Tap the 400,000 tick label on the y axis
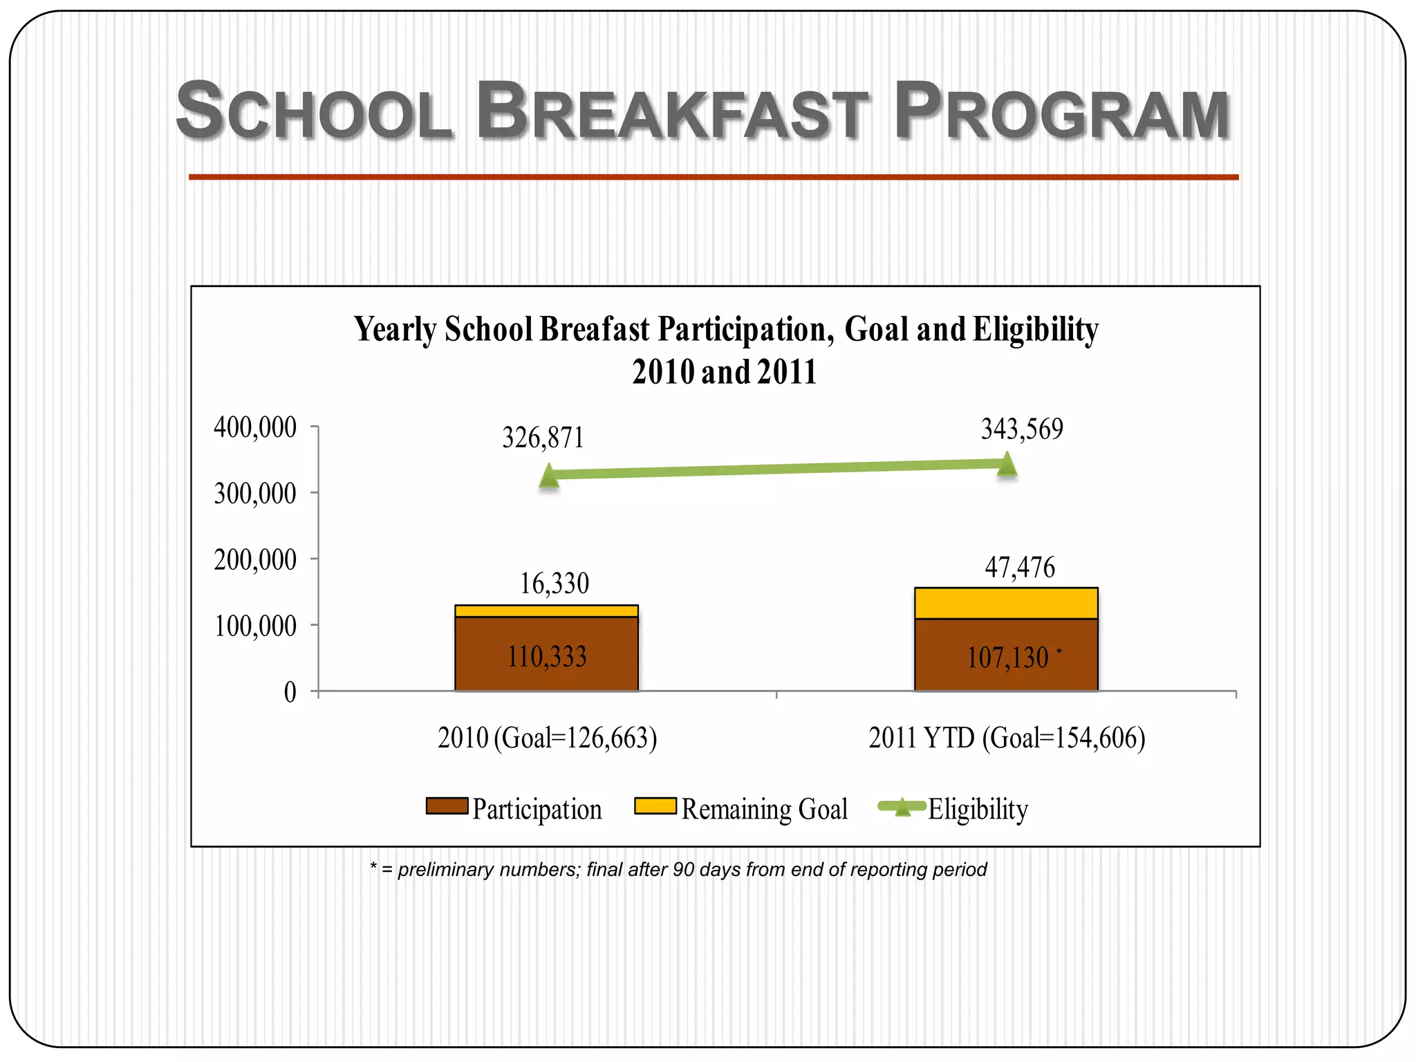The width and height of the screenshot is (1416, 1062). click(x=255, y=427)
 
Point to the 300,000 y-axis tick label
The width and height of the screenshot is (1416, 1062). click(x=255, y=494)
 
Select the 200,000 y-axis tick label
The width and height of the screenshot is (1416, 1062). click(x=255, y=560)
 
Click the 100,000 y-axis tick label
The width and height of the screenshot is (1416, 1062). click(x=255, y=626)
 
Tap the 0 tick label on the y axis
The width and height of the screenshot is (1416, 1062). click(x=290, y=692)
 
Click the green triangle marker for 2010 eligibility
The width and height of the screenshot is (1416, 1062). click(x=549, y=476)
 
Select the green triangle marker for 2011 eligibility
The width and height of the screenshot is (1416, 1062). click(x=1007, y=464)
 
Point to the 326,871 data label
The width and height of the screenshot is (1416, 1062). click(x=543, y=438)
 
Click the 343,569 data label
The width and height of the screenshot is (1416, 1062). click(x=1022, y=429)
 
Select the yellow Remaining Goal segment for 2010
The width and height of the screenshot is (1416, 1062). click(x=546, y=611)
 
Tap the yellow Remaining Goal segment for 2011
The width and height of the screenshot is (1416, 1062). click(x=1006, y=603)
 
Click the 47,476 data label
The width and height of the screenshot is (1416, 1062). click(x=1020, y=568)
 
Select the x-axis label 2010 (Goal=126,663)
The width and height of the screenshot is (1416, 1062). click(x=547, y=738)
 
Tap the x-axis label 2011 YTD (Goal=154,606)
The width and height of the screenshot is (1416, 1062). click(x=1007, y=738)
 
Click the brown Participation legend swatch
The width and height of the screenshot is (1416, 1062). click(x=447, y=806)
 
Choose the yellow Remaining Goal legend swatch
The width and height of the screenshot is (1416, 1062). click(x=655, y=806)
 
